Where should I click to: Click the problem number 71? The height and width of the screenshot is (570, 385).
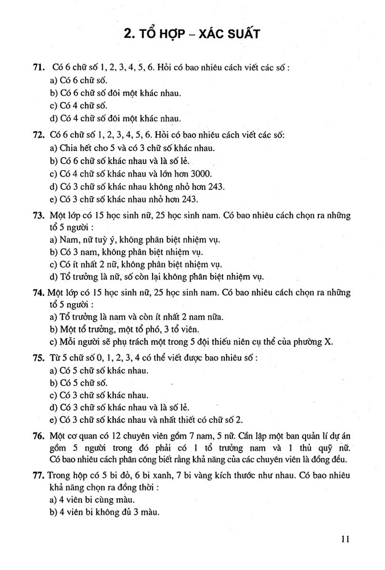[39, 68]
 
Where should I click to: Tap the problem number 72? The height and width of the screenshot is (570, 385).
[39, 136]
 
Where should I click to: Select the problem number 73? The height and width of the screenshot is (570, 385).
[39, 216]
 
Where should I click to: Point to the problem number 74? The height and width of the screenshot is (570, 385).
[39, 293]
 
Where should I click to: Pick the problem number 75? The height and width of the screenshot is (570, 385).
[39, 358]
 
